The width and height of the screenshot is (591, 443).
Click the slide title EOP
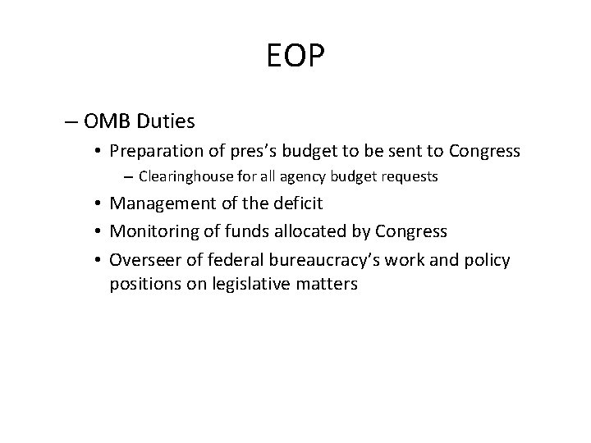click(x=295, y=57)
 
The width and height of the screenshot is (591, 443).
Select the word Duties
click(x=168, y=122)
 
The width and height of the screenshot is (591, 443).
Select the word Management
click(x=161, y=203)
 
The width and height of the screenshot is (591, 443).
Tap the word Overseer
click(x=144, y=260)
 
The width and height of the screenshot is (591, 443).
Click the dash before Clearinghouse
click(x=129, y=176)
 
